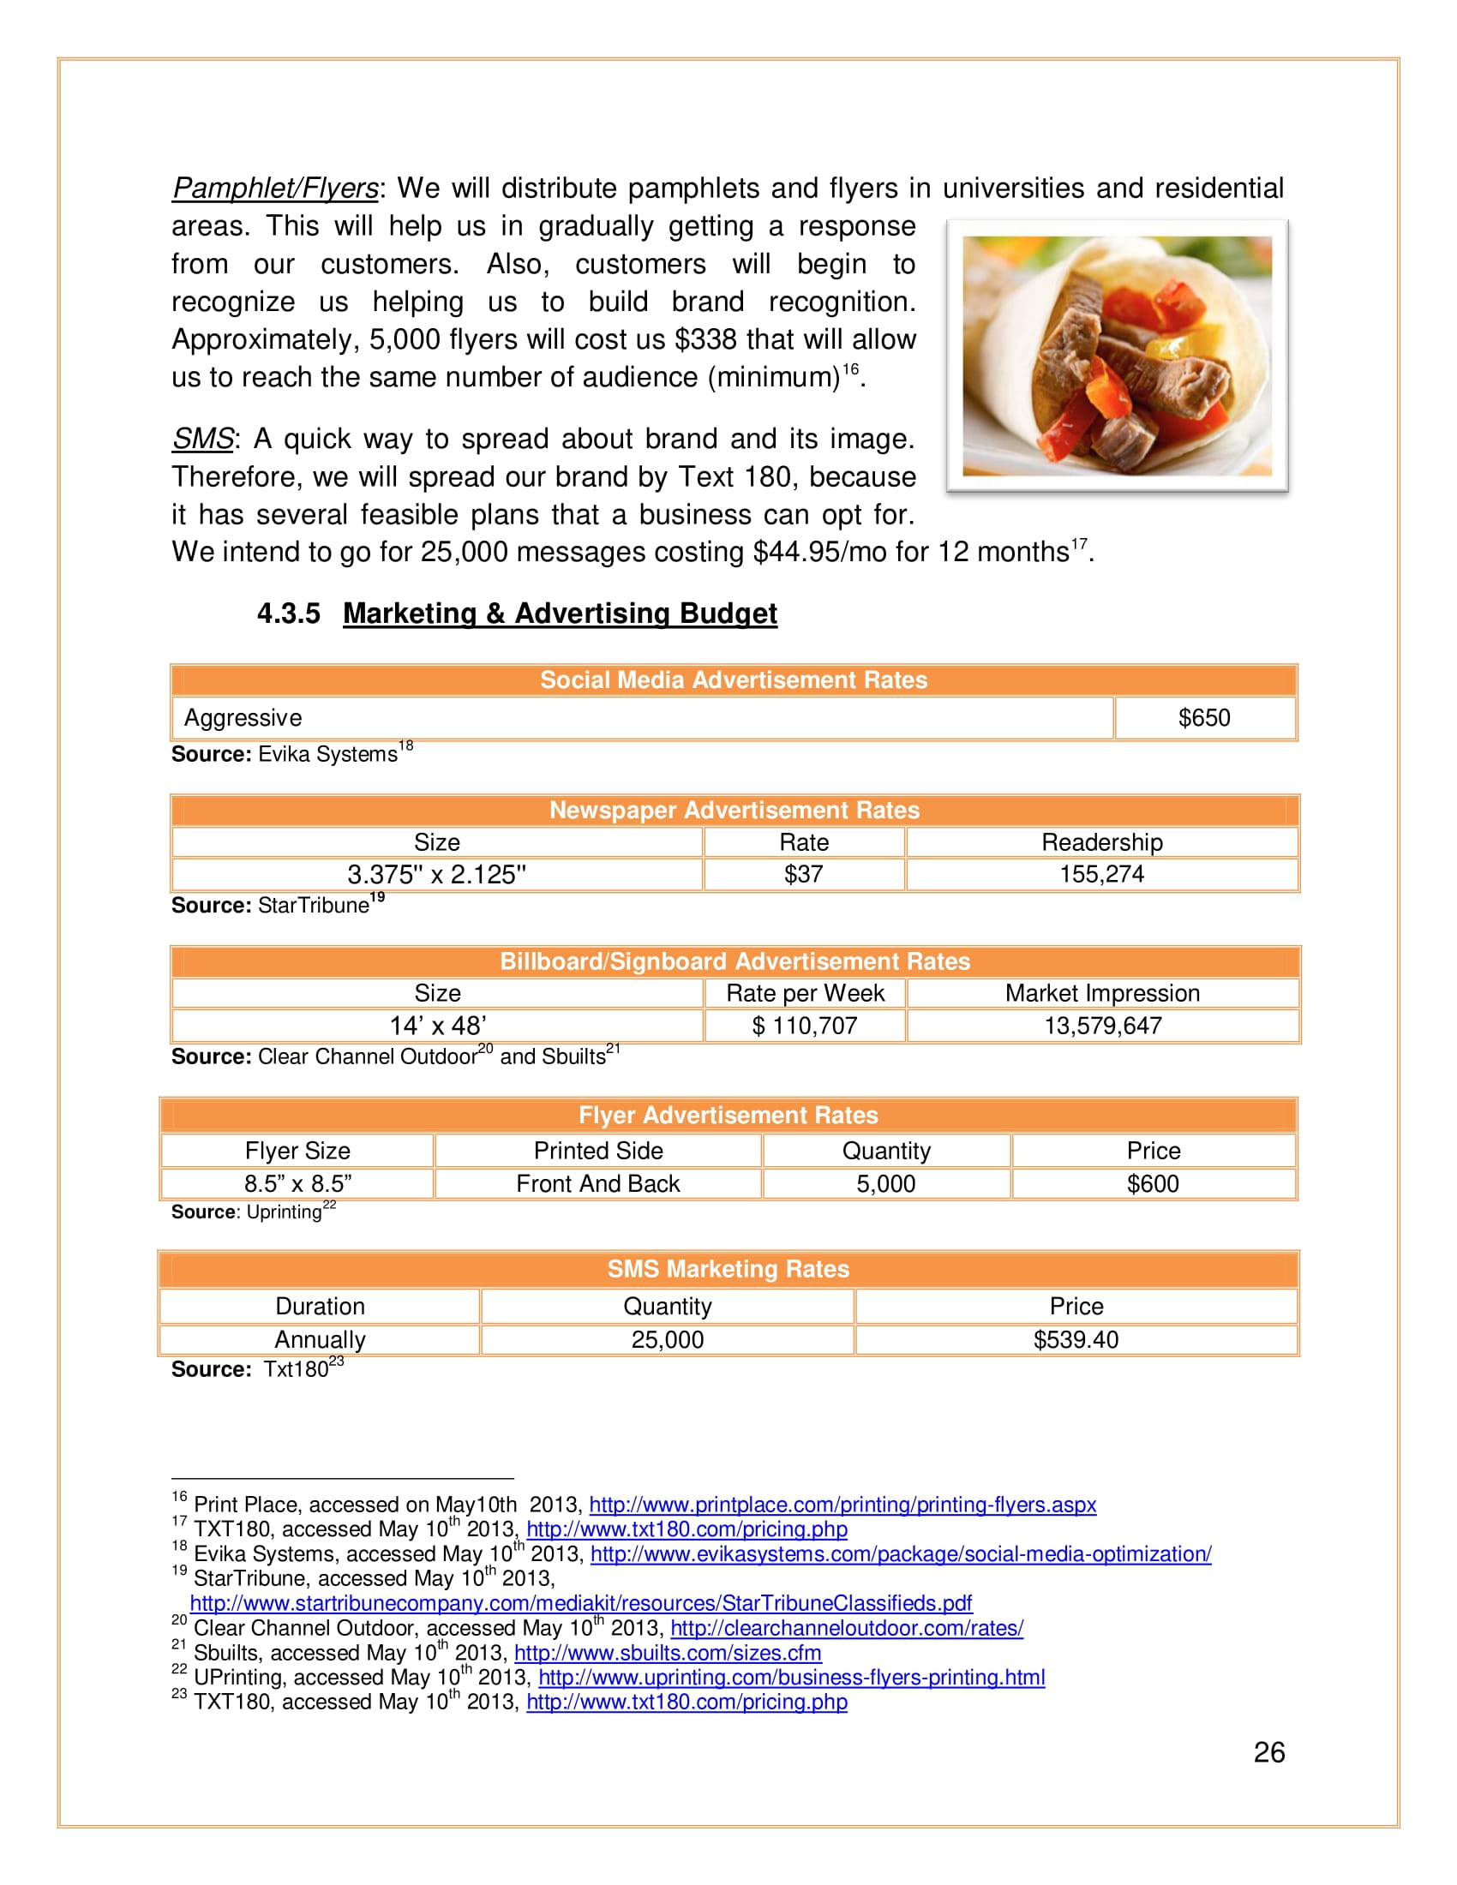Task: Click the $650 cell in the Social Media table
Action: click(1204, 717)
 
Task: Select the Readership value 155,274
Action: click(1101, 873)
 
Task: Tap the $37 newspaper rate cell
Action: click(804, 873)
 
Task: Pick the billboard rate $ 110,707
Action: click(805, 1026)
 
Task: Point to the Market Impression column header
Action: click(1102, 992)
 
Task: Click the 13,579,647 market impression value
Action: click(1102, 1026)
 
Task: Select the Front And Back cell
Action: click(598, 1183)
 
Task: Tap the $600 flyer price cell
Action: click(1152, 1183)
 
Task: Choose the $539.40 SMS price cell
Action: click(1076, 1339)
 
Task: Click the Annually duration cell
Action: click(321, 1339)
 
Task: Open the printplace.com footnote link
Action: click(842, 1505)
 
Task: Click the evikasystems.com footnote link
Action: click(900, 1553)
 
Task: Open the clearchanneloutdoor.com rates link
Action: click(847, 1628)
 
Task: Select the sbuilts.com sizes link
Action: click(667, 1653)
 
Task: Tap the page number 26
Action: click(1268, 1752)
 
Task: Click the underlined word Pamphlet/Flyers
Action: click(275, 188)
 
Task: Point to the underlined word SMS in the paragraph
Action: click(203, 439)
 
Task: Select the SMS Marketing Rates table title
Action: click(728, 1269)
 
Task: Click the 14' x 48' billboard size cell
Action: click(438, 1026)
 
